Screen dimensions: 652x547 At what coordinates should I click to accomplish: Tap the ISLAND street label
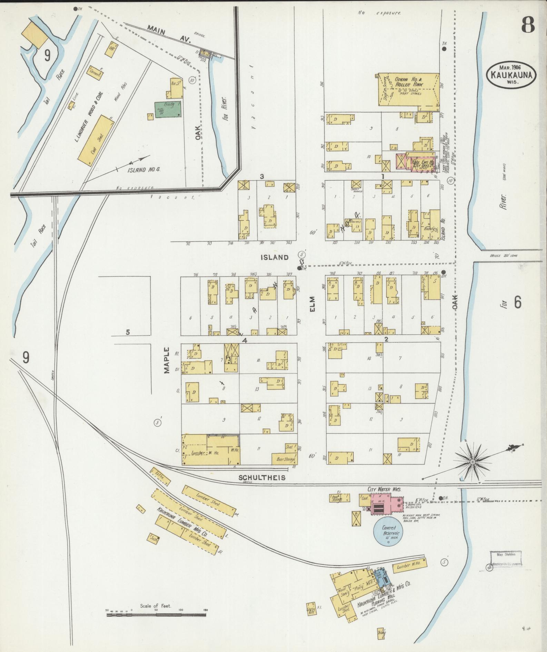(x=274, y=257)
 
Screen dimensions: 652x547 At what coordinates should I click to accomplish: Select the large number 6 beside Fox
(x=517, y=302)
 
